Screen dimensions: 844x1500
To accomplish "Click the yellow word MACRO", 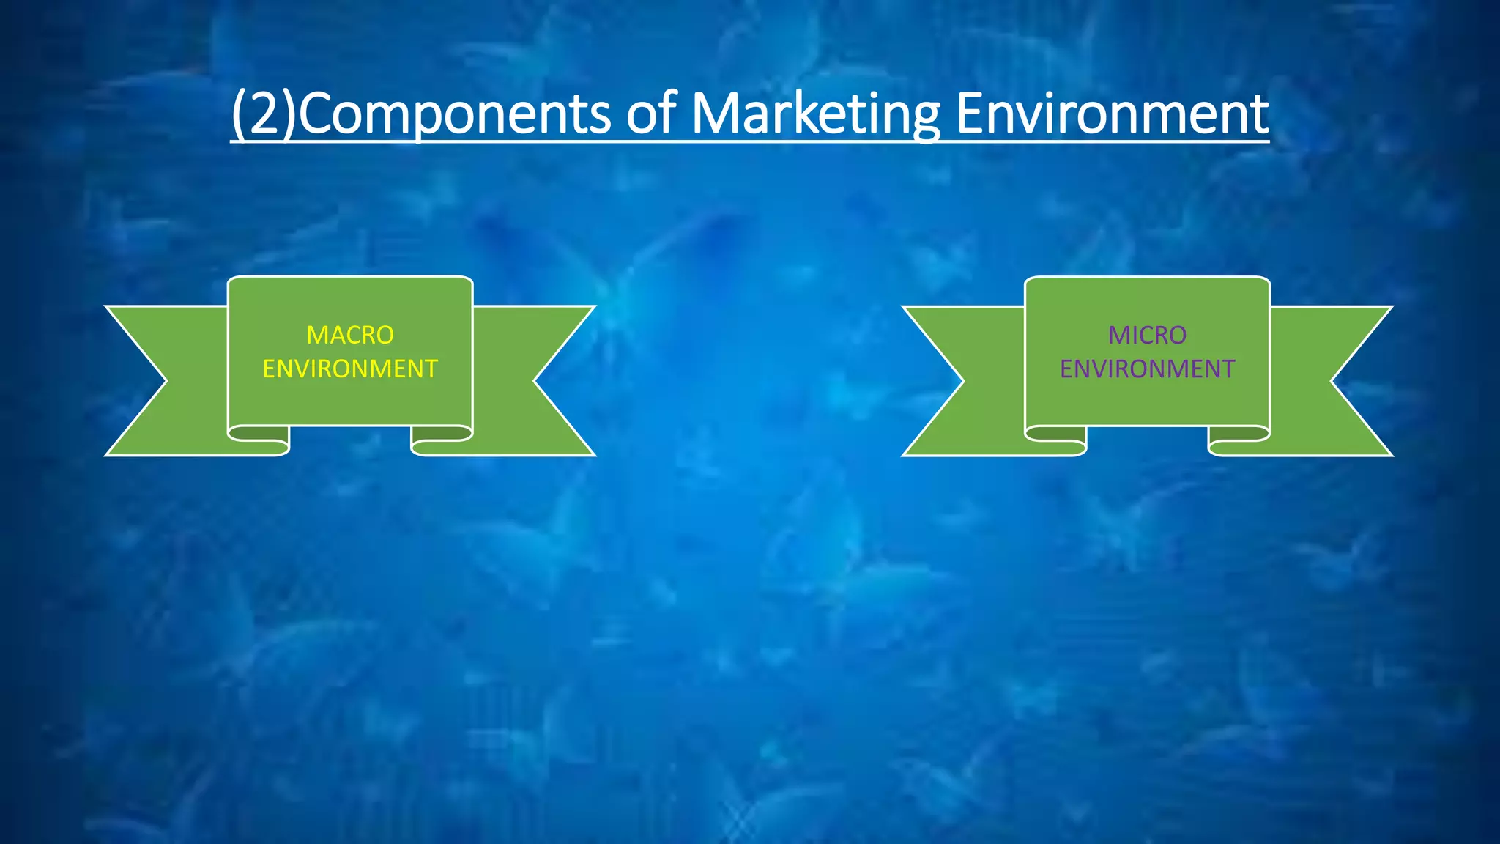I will [x=350, y=335].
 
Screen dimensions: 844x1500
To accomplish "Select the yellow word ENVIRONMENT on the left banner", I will [x=350, y=369].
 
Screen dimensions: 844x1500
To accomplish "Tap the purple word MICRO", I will [x=1147, y=335].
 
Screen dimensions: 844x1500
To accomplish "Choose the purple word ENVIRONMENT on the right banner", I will [x=1147, y=369].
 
